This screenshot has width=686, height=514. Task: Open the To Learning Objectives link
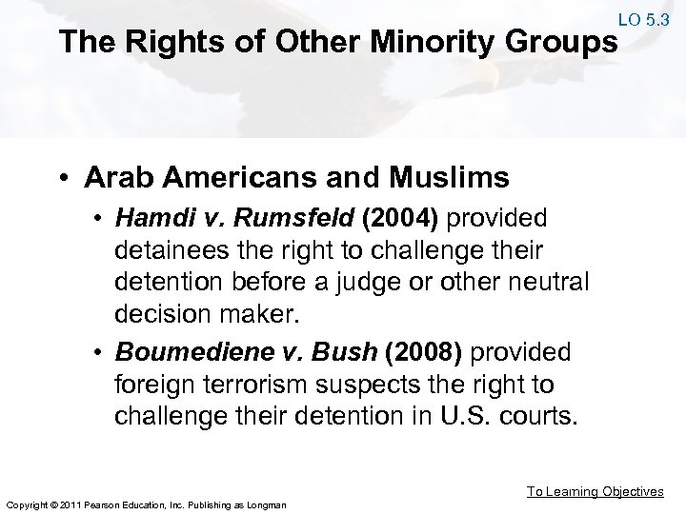click(595, 491)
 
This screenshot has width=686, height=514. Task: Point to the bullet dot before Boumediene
click(102, 353)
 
